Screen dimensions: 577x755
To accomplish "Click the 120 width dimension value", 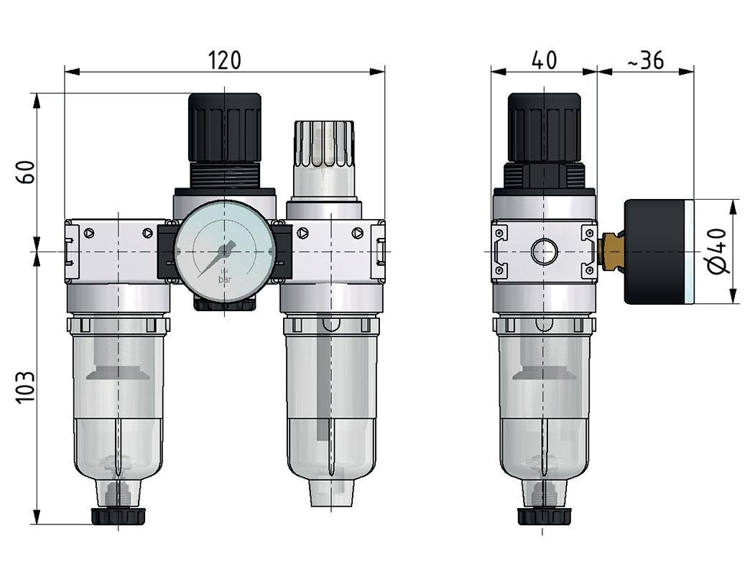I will (225, 60).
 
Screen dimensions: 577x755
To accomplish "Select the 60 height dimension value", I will (25, 172).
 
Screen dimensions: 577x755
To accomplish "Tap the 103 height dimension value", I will (25, 388).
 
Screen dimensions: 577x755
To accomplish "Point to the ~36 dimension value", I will (645, 61).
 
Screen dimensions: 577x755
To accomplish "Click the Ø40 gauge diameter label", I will (718, 251).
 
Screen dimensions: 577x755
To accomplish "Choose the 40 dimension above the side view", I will (544, 60).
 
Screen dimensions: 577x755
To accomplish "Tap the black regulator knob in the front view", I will (225, 128).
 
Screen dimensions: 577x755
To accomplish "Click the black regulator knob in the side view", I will (544, 128).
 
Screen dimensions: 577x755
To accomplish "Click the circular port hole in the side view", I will (544, 252).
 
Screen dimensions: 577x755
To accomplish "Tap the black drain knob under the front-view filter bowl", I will (118, 515).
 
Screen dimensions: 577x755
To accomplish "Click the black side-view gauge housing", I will (654, 251).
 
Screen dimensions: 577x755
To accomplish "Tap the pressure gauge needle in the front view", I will (216, 260).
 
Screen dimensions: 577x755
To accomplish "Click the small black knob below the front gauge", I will (224, 305).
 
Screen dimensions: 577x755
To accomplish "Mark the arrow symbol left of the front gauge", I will (147, 233).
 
